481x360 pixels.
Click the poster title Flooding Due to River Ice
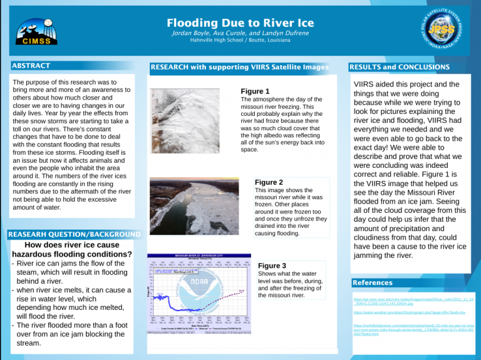click(240, 24)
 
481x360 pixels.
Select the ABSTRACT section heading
click(31, 65)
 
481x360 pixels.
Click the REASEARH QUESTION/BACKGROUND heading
click(73, 235)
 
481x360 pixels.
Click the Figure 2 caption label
click(269, 182)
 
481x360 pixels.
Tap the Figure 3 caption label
click(272, 265)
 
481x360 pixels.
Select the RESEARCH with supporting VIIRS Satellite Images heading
click(239, 67)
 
